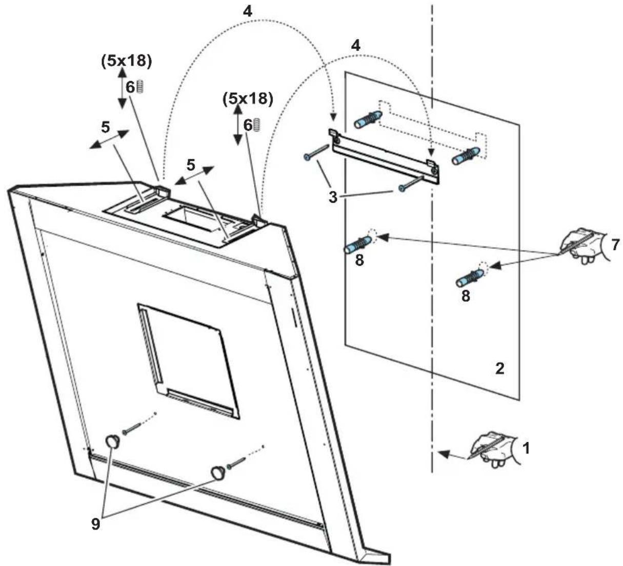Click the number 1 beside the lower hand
(526, 448)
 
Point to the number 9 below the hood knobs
(96, 524)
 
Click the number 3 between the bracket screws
(333, 196)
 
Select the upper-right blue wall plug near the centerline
(466, 155)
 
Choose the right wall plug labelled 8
(469, 278)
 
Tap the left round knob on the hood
(112, 440)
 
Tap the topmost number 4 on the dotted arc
(248, 11)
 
